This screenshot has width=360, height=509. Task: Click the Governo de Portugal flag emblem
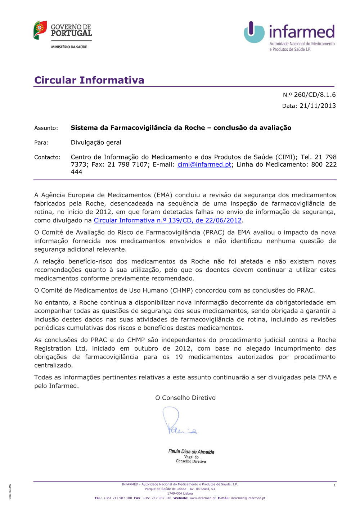(40, 30)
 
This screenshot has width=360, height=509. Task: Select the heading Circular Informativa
(89, 80)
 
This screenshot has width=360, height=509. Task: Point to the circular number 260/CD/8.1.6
(314, 95)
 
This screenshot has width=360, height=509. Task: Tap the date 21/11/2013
(318, 106)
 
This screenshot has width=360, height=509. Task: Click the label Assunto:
(46, 128)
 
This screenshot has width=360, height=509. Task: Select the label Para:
(41, 143)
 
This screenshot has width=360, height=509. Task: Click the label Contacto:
(48, 157)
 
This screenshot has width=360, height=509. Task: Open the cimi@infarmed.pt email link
(204, 165)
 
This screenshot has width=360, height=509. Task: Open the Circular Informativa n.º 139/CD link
(167, 220)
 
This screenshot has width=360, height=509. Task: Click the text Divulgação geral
(96, 143)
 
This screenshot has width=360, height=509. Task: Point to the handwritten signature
(178, 422)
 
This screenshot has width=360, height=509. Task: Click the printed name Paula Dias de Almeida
(191, 451)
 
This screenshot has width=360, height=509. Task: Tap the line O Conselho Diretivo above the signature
(185, 398)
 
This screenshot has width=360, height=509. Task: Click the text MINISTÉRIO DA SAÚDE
(69, 47)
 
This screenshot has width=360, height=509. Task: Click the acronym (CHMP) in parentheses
(182, 290)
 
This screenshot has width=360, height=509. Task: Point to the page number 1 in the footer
(334, 485)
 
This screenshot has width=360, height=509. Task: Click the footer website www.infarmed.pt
(202, 498)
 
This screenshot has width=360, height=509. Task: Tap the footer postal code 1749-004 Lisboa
(180, 494)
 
